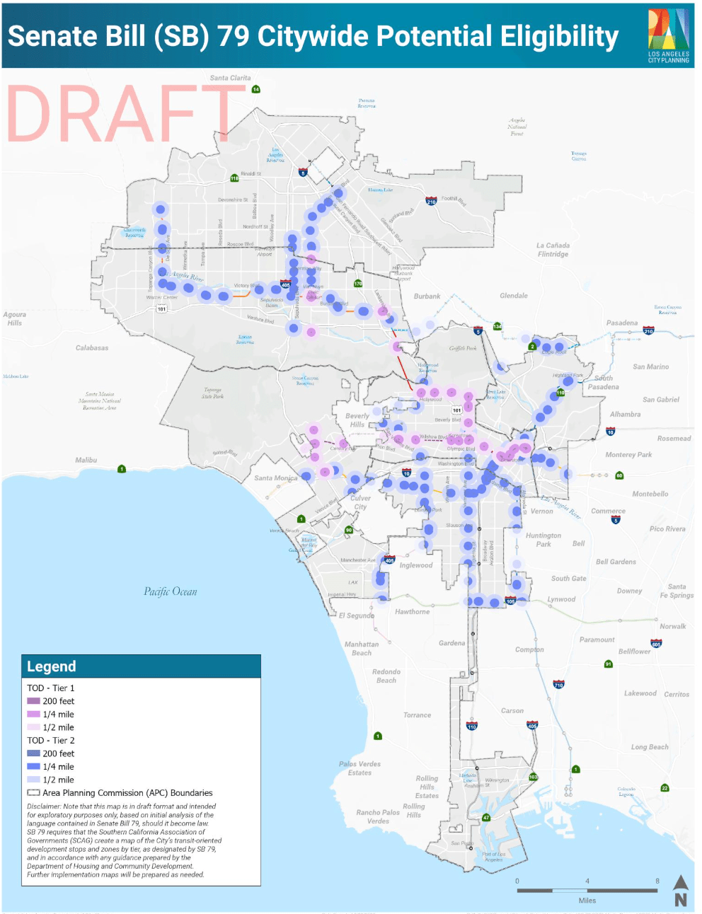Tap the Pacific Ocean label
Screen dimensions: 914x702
pos(171,591)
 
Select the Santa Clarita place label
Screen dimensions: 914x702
pos(230,78)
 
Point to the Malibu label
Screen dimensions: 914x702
pos(86,460)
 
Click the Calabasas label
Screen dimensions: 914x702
pos(92,348)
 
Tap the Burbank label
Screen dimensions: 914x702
pos(427,296)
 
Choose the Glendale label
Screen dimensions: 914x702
pos(514,296)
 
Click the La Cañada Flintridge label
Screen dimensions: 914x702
pos(553,250)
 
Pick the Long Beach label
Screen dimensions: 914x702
pos(650,747)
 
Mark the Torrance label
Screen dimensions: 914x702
pos(417,715)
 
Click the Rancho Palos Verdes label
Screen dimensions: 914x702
pos(378,816)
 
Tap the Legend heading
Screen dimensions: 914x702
pos(51,666)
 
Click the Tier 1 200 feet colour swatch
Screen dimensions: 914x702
pos(33,701)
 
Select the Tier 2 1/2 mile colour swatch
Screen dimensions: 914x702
pos(33,780)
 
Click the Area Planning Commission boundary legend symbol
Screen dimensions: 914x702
pos(33,793)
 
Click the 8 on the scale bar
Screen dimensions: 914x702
pos(657,881)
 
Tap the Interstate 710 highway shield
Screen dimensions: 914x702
pos(558,685)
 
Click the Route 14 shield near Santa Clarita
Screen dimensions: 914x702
pos(256,89)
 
